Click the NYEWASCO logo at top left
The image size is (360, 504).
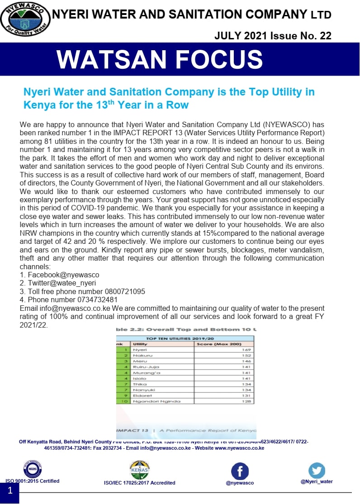pyautogui.click(x=25, y=21)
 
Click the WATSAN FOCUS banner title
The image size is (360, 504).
pyautogui.click(x=160, y=59)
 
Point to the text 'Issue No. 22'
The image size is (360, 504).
pyautogui.click(x=301, y=36)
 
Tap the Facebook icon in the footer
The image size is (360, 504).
pyautogui.click(x=240, y=471)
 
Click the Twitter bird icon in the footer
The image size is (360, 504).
pyautogui.click(x=317, y=471)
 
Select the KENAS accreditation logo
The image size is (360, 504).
pyautogui.click(x=139, y=471)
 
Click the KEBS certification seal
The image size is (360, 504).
pyautogui.click(x=32, y=469)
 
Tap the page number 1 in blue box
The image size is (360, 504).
pyautogui.click(x=9, y=490)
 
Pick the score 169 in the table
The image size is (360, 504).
pyautogui.click(x=246, y=350)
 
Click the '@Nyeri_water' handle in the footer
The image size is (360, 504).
pyautogui.click(x=317, y=481)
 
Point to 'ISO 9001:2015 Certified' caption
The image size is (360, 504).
pyautogui.click(x=32, y=481)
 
